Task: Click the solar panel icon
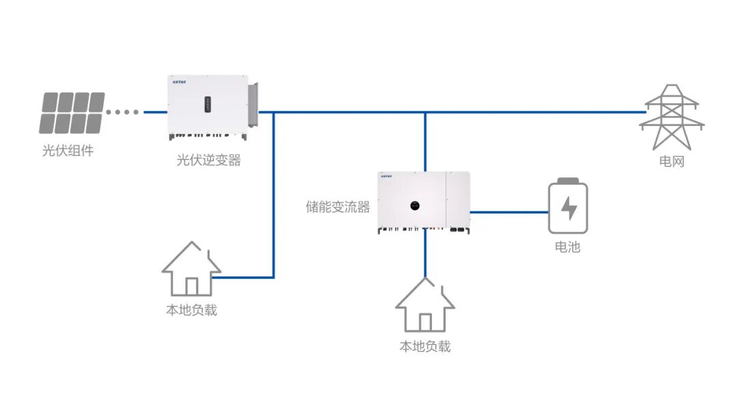click(x=72, y=113)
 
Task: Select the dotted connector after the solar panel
click(x=123, y=112)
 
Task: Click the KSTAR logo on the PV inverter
click(x=178, y=81)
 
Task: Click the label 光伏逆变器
click(x=208, y=161)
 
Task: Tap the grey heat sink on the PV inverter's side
click(x=254, y=105)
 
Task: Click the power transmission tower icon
click(x=671, y=117)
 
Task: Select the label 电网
click(x=671, y=162)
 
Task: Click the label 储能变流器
click(x=338, y=207)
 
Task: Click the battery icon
click(x=568, y=207)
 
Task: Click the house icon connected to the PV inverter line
click(x=191, y=269)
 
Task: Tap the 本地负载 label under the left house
click(x=191, y=310)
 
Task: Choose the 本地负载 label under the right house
click(x=425, y=347)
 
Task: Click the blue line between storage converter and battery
click(x=509, y=212)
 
